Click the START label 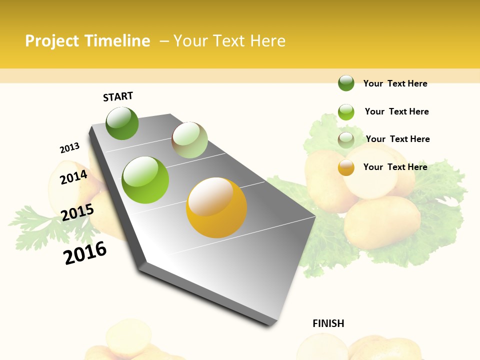click(x=118, y=96)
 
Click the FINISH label click(x=328, y=323)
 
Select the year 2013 click(x=69, y=148)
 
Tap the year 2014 click(x=73, y=177)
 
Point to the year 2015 click(x=77, y=212)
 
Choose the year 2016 click(x=85, y=253)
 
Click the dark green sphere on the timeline click(x=122, y=123)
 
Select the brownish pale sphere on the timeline click(x=189, y=140)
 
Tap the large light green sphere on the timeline click(x=145, y=180)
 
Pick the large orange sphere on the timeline click(x=216, y=207)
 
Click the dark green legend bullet click(x=346, y=83)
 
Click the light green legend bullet click(x=346, y=111)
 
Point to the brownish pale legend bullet click(x=346, y=139)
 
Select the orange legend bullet click(x=346, y=167)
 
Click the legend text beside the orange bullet click(x=395, y=167)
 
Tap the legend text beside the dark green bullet click(x=395, y=83)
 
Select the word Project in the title click(x=52, y=41)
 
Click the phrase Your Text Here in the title click(x=229, y=41)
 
